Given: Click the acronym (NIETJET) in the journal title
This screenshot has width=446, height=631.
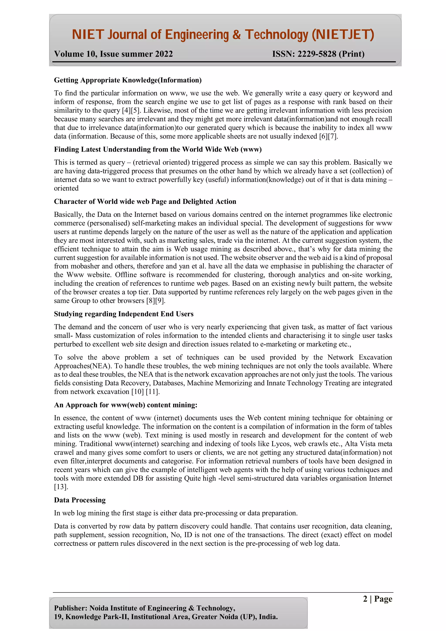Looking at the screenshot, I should point(343,35).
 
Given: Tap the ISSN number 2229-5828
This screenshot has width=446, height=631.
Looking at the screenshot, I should point(317,54).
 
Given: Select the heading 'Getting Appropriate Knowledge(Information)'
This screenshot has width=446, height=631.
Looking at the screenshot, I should point(128,80).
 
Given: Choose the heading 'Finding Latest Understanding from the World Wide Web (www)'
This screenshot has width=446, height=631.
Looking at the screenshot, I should point(158,150).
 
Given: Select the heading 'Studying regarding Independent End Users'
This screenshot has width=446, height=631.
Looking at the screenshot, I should point(124,314).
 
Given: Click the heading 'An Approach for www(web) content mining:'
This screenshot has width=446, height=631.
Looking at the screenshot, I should point(126,405).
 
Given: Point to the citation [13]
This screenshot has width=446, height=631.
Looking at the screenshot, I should point(61,487).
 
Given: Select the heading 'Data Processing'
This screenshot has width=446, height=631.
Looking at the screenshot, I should point(80,500).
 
